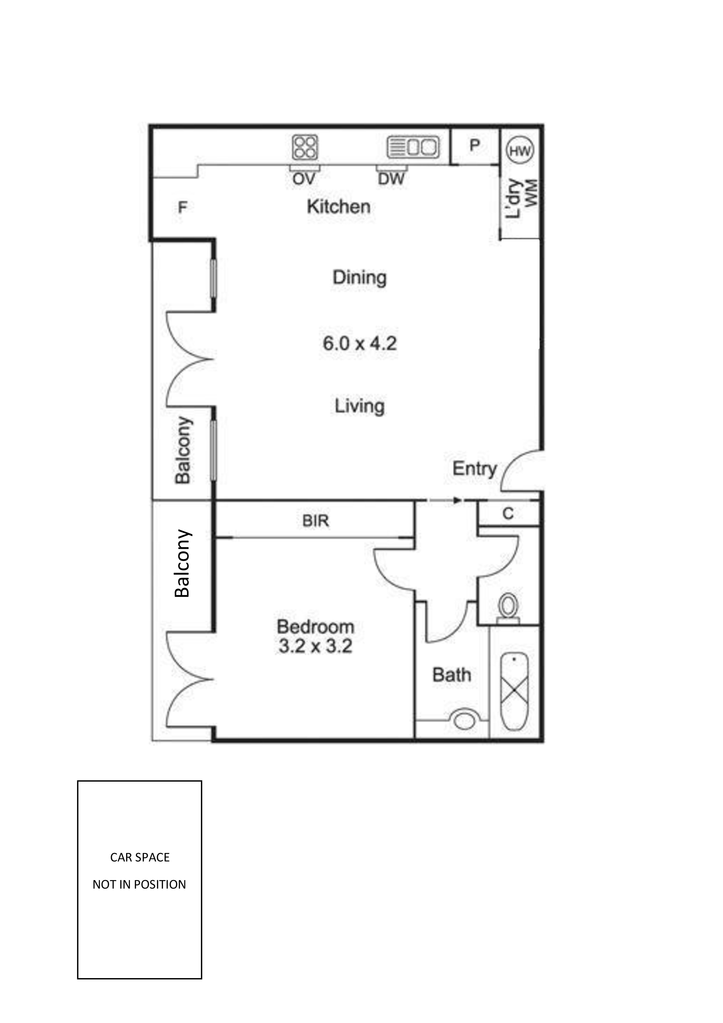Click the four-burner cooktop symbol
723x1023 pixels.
click(305, 147)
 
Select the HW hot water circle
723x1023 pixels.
click(520, 151)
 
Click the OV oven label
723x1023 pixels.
click(304, 179)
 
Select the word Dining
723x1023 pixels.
click(359, 278)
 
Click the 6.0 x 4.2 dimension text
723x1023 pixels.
click(359, 344)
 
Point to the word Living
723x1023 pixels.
click(359, 406)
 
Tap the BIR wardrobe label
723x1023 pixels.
click(315, 521)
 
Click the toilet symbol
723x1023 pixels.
click(508, 607)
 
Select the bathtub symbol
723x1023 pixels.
click(514, 691)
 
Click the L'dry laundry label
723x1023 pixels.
click(514, 199)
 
